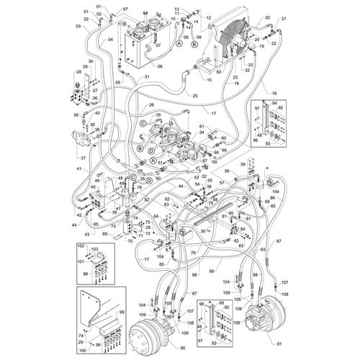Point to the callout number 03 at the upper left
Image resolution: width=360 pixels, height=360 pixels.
(77, 27)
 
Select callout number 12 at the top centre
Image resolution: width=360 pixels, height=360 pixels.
(208, 17)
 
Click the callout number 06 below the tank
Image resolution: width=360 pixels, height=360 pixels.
(160, 66)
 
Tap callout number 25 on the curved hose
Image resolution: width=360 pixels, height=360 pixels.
(194, 95)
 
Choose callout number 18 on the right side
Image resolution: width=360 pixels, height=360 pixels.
(273, 94)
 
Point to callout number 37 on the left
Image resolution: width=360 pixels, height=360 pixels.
(82, 158)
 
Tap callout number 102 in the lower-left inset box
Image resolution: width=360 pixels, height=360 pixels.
(82, 248)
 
